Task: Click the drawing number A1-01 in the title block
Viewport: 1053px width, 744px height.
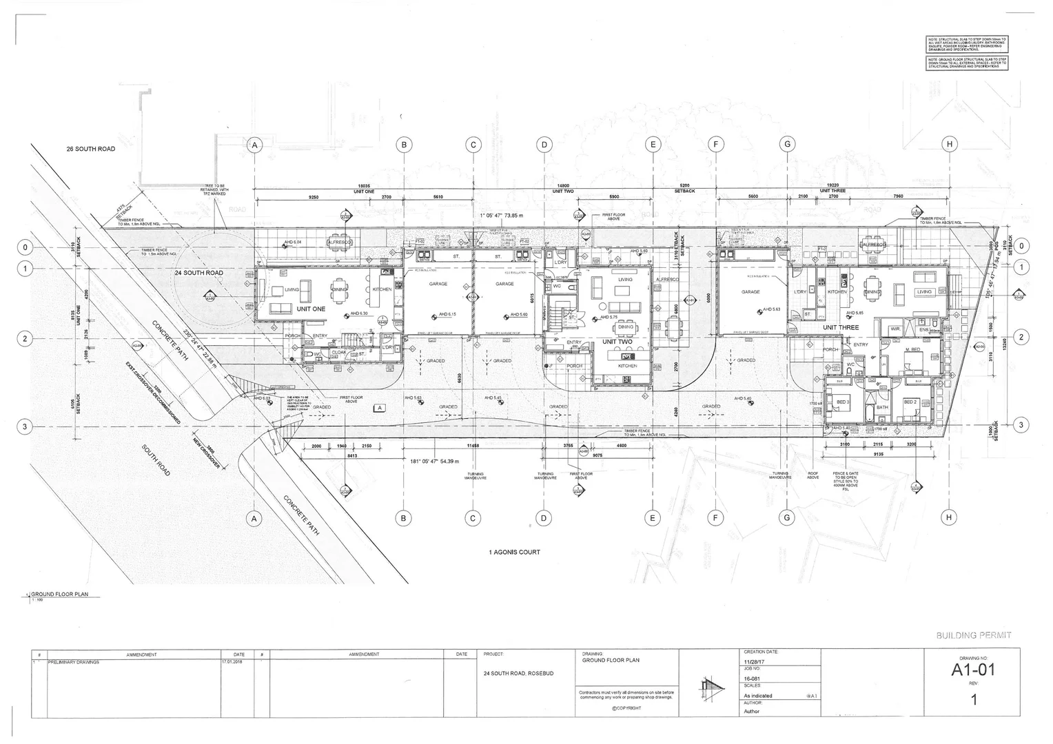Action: click(x=973, y=669)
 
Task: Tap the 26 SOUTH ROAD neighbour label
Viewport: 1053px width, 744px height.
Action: click(x=90, y=149)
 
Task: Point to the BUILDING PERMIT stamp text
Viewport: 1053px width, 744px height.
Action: click(x=974, y=635)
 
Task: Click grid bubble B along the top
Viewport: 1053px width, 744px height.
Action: click(x=404, y=145)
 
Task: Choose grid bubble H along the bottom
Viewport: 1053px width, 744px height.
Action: click(x=950, y=518)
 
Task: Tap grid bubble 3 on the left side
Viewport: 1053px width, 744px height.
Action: click(x=25, y=426)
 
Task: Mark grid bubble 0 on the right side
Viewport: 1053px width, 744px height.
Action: click(x=1022, y=246)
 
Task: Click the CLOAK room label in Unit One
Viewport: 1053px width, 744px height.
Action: click(x=339, y=352)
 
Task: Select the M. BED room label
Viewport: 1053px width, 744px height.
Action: click(x=912, y=351)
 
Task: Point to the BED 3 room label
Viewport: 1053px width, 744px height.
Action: click(x=843, y=402)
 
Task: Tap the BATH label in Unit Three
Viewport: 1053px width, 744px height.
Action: click(x=883, y=407)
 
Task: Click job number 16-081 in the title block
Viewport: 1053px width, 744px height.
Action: click(x=753, y=677)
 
